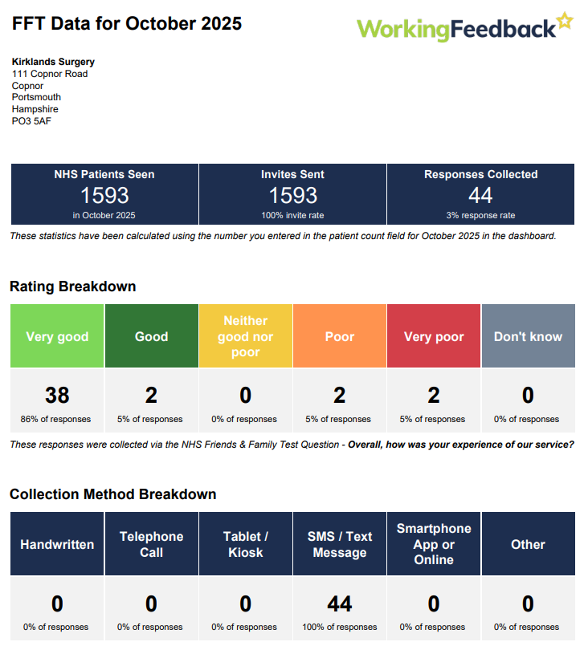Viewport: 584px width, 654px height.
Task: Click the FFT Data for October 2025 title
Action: pyautogui.click(x=127, y=24)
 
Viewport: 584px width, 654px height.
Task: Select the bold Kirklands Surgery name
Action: pyautogui.click(x=53, y=62)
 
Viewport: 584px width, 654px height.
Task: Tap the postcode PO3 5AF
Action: pyautogui.click(x=31, y=121)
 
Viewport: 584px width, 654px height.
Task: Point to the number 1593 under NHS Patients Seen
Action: pyautogui.click(x=104, y=195)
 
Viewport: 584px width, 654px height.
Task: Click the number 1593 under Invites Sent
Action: pyautogui.click(x=292, y=195)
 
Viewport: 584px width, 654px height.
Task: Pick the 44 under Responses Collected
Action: pyautogui.click(x=480, y=195)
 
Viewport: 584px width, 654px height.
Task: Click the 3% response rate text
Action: pyautogui.click(x=480, y=215)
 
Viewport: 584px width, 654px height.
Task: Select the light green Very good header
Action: pyautogui.click(x=57, y=336)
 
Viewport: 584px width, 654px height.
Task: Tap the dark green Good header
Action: pyautogui.click(x=151, y=336)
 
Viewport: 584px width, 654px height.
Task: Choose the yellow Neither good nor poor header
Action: pyautogui.click(x=246, y=336)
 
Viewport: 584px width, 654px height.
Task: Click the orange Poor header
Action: pyautogui.click(x=340, y=336)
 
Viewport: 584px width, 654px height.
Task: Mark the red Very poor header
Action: pyautogui.click(x=434, y=336)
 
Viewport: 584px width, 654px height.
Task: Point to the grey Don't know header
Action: pyautogui.click(x=528, y=336)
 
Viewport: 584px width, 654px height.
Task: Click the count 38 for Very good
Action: pyautogui.click(x=57, y=395)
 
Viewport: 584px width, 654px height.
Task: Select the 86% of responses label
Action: pyautogui.click(x=56, y=419)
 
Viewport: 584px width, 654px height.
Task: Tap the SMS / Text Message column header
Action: pyautogui.click(x=340, y=544)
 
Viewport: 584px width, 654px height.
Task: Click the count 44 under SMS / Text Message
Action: pyautogui.click(x=340, y=603)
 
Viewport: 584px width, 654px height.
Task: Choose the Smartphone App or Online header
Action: pyautogui.click(x=434, y=544)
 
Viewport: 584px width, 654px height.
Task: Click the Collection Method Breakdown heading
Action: pyautogui.click(x=112, y=494)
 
